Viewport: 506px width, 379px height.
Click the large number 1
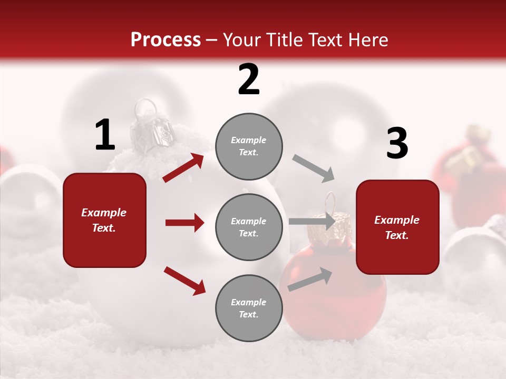coord(105,135)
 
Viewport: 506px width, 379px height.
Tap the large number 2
coord(249,79)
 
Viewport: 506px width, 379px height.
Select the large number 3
coord(397,144)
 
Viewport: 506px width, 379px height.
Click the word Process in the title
coord(166,39)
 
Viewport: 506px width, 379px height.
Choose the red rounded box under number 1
coord(104,220)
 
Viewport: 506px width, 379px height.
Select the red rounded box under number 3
coord(397,227)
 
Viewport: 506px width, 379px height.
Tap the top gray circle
coord(249,146)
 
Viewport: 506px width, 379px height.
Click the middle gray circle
coord(249,227)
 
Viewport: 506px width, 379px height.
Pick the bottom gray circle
coord(249,308)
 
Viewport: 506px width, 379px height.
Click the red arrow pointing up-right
coord(183,168)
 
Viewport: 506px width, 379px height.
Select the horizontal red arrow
coord(184,223)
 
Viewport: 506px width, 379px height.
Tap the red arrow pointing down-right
coord(184,281)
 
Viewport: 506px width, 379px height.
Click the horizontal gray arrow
coord(312,222)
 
